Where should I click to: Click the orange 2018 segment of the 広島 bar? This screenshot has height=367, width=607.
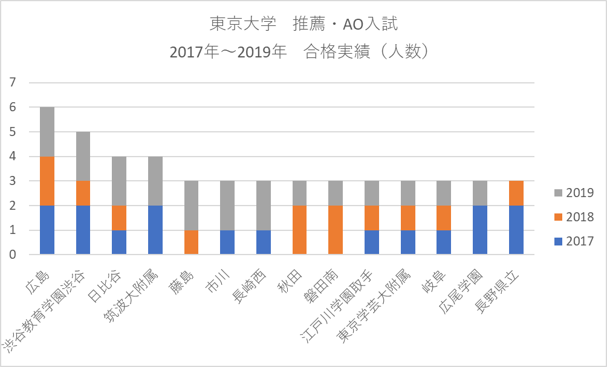[47, 181]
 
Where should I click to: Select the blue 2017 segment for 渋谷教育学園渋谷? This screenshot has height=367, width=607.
[83, 230]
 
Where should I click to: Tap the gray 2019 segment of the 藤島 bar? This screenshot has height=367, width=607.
[191, 206]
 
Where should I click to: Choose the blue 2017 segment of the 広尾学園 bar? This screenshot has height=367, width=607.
[479, 230]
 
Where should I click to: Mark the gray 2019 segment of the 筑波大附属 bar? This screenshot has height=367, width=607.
[155, 181]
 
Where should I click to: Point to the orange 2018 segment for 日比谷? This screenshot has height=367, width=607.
[119, 218]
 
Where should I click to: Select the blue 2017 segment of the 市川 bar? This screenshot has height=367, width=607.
[227, 242]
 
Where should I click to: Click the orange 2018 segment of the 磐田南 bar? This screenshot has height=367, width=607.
[336, 230]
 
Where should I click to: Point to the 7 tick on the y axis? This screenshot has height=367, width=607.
[13, 82]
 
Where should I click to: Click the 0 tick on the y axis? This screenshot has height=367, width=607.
[13, 255]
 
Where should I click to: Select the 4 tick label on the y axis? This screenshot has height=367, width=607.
[13, 157]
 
